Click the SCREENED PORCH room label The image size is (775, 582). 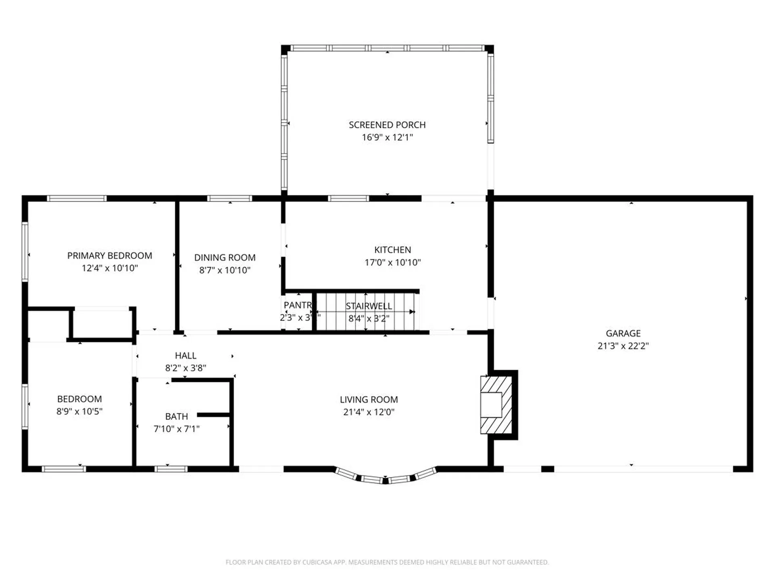click(387, 125)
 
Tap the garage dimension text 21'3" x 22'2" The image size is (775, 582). click(623, 346)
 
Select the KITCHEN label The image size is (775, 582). click(392, 250)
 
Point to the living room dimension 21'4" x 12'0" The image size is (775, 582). click(369, 412)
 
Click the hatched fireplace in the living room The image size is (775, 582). click(496, 405)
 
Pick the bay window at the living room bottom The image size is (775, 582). click(385, 478)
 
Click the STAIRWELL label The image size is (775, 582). click(369, 306)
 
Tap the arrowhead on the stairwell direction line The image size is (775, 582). click(412, 312)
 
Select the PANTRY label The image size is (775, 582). click(298, 305)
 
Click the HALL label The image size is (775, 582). click(186, 356)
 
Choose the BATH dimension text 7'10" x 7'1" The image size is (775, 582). click(176, 429)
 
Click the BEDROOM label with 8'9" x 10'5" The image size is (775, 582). click(80, 399)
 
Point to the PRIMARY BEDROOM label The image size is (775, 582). click(109, 255)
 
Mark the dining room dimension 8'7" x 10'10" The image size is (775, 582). click(225, 270)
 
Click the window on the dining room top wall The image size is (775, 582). click(229, 198)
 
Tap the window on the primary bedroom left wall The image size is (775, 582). click(25, 251)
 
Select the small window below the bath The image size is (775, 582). click(171, 469)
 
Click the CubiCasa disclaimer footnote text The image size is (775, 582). click(387, 562)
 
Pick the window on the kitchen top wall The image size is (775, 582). click(348, 198)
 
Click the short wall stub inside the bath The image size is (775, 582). click(213, 415)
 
